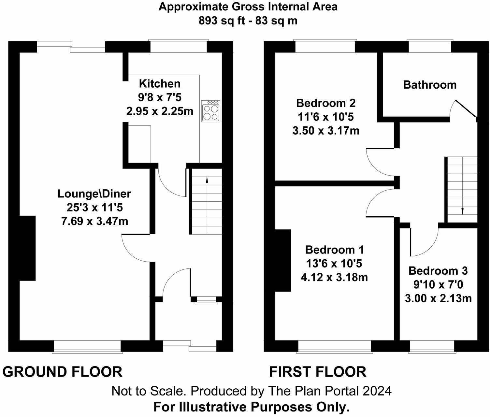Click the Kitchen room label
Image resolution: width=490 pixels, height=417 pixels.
(160, 84)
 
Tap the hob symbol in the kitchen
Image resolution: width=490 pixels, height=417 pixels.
(211, 111)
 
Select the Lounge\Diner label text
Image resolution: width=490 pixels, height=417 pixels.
(94, 194)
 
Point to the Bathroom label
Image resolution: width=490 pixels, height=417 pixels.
(429, 85)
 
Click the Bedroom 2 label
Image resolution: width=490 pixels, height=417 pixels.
(326, 103)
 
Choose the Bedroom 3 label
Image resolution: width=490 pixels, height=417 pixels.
(438, 271)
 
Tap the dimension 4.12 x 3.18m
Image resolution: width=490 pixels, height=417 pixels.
(334, 277)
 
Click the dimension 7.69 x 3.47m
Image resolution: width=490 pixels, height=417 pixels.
(94, 222)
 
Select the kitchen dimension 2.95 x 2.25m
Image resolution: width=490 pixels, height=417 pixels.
(160, 111)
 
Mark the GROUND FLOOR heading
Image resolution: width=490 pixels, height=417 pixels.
(62, 372)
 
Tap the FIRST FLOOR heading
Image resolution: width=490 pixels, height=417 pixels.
(318, 372)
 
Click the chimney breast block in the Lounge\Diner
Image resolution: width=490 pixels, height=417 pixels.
(27, 248)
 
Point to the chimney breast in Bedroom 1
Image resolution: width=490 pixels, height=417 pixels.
(283, 260)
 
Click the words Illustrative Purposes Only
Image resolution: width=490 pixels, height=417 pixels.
(265, 407)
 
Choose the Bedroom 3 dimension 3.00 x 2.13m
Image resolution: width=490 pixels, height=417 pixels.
(438, 298)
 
